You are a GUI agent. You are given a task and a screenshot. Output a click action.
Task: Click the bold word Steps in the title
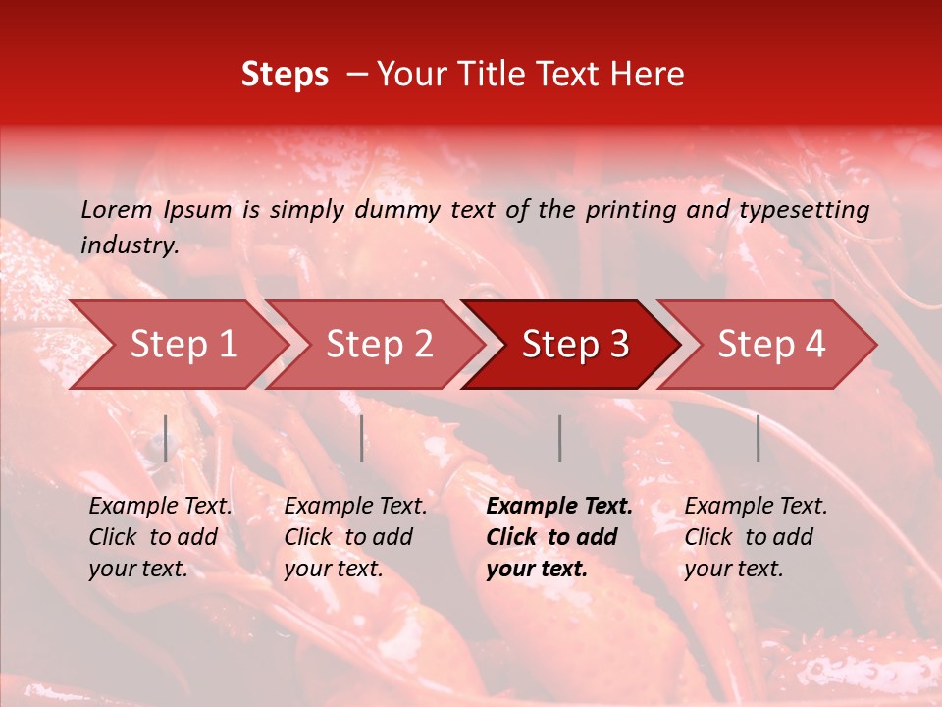tap(285, 75)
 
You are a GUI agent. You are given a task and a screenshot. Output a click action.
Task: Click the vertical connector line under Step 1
tap(166, 438)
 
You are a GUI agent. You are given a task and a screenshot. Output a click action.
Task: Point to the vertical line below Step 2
tap(362, 438)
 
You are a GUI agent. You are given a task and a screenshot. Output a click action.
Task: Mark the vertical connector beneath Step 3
tap(560, 438)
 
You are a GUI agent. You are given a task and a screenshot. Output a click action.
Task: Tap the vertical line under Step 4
tap(759, 438)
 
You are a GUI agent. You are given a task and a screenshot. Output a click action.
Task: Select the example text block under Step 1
tap(160, 537)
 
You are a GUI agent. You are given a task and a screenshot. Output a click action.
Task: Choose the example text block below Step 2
tap(355, 537)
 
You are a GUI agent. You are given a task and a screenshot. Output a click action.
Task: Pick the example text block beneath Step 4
tap(756, 537)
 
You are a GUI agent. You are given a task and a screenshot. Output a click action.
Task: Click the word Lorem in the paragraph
tap(117, 209)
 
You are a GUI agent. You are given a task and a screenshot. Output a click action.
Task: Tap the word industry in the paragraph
tap(130, 245)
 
